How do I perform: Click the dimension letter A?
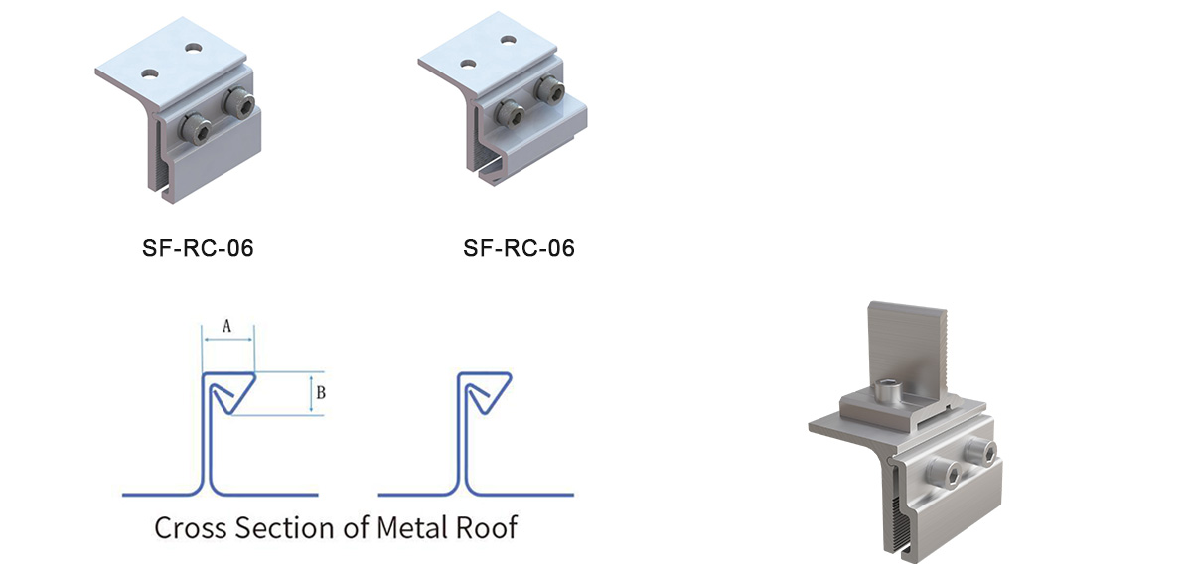tap(226, 325)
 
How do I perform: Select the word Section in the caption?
tap(284, 526)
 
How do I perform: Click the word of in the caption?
tap(353, 526)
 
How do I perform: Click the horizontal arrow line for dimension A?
tap(228, 339)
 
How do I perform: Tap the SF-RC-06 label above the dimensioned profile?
tap(198, 248)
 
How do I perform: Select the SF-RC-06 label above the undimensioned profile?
tap(519, 248)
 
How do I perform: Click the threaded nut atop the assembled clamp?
tap(889, 394)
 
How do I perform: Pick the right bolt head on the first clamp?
tap(238, 101)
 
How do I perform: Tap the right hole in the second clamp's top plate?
tap(509, 40)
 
